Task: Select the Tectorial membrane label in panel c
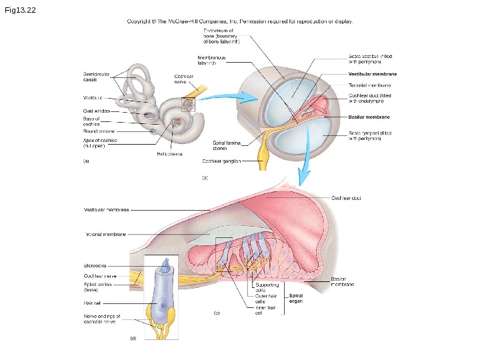[105, 234]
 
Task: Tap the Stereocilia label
[97, 266]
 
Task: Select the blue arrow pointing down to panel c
[304, 167]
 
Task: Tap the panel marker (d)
[132, 339]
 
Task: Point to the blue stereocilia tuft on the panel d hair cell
[166, 265]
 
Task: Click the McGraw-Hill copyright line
[239, 21]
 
